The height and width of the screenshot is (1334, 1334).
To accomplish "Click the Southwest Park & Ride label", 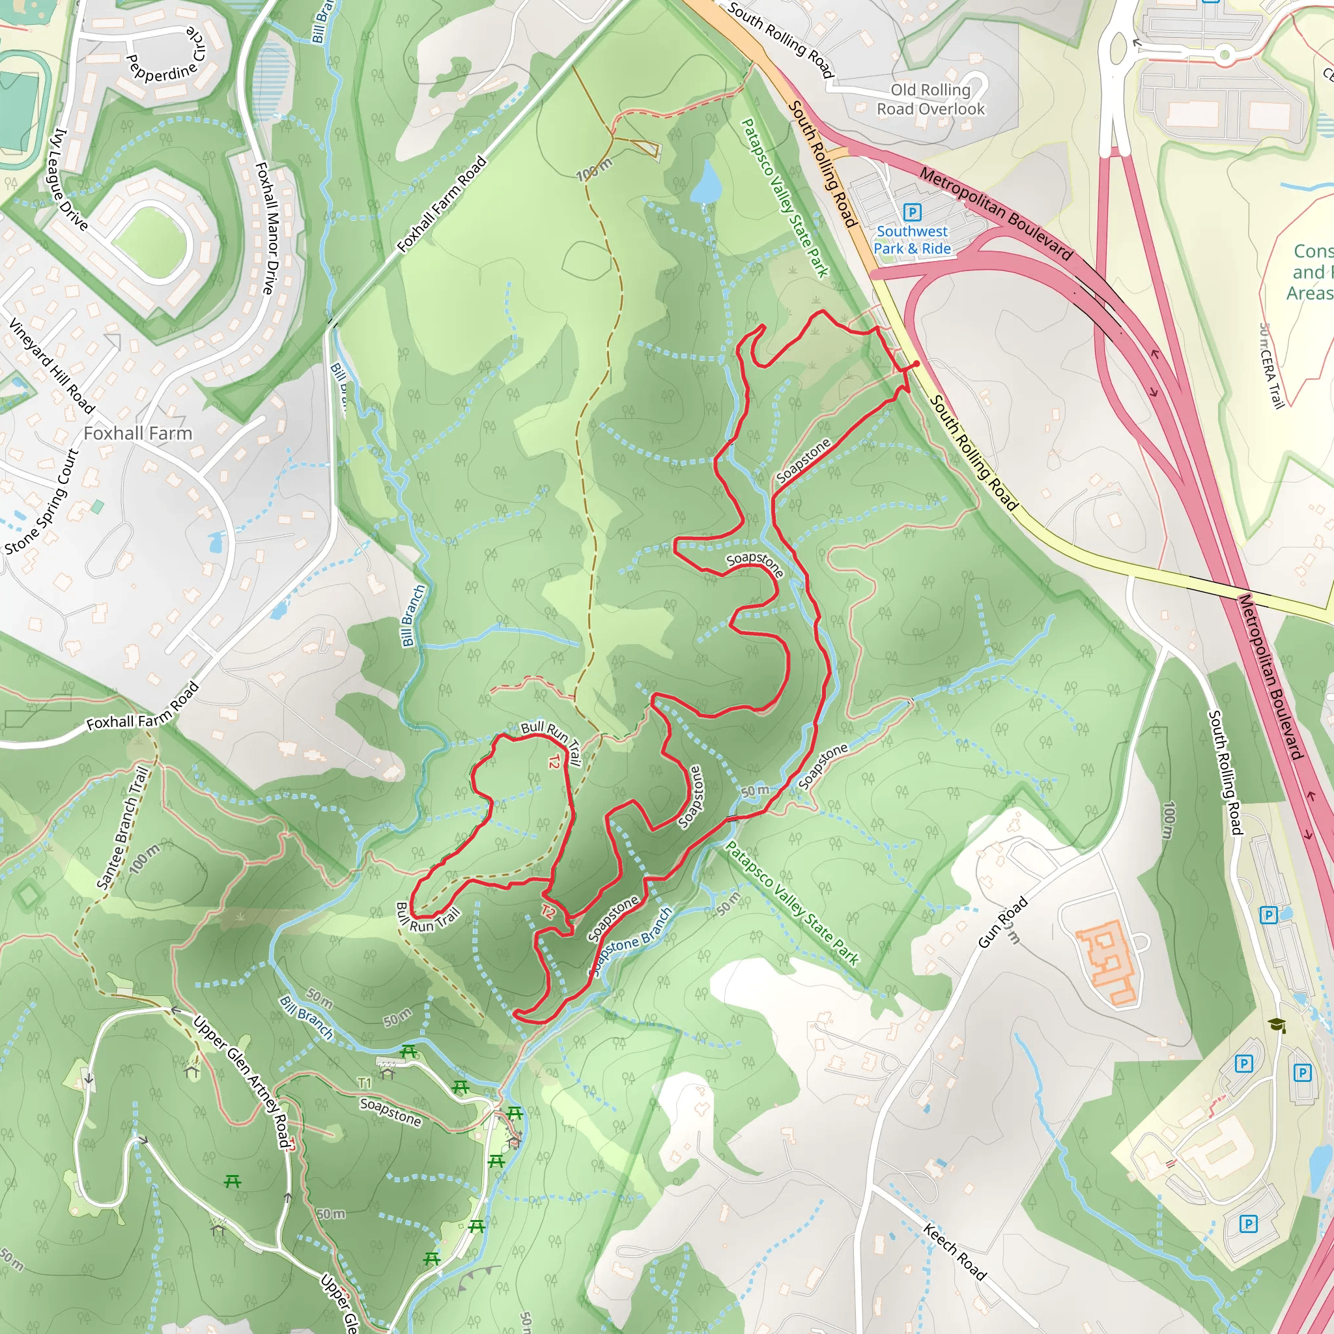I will pyautogui.click(x=912, y=240).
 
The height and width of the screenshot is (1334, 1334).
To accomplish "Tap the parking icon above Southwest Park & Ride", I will pyautogui.click(x=912, y=212).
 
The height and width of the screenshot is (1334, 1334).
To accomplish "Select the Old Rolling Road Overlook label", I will pyautogui.click(x=930, y=100).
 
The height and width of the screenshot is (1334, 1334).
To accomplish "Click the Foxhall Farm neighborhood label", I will pyautogui.click(x=138, y=434).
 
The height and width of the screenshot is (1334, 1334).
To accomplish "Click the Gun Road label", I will pyautogui.click(x=1003, y=922).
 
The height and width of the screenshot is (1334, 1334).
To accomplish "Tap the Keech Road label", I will pyautogui.click(x=955, y=1251).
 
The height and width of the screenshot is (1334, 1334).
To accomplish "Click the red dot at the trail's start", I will pyautogui.click(x=916, y=364).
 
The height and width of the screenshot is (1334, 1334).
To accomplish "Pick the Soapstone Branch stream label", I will pyautogui.click(x=632, y=942).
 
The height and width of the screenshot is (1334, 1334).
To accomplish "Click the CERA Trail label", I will pyautogui.click(x=1270, y=366).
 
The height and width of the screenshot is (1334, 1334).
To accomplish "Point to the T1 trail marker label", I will pyautogui.click(x=365, y=1083).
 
